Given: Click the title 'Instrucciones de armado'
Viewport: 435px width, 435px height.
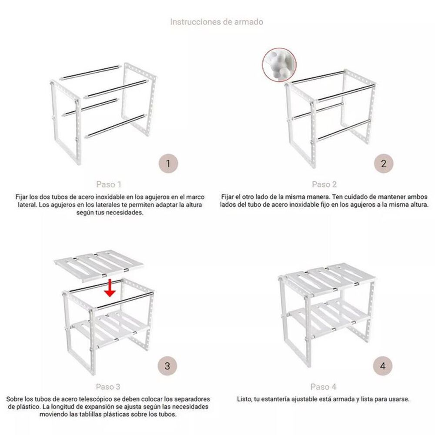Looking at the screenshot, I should click(216, 21).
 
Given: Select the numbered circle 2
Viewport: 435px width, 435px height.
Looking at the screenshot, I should click(383, 164).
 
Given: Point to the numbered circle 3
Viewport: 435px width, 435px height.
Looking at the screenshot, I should click(167, 366).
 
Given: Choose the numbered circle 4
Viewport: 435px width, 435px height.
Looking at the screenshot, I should click(383, 366).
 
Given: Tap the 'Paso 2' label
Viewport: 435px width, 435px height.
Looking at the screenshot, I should click(324, 184).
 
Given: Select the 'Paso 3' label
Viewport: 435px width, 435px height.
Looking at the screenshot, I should click(108, 387).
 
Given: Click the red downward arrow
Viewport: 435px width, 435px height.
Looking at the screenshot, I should click(111, 288).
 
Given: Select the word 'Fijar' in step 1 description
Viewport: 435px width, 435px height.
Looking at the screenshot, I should click(23, 197).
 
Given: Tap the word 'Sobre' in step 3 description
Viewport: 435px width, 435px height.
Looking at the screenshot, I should click(15, 399).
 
